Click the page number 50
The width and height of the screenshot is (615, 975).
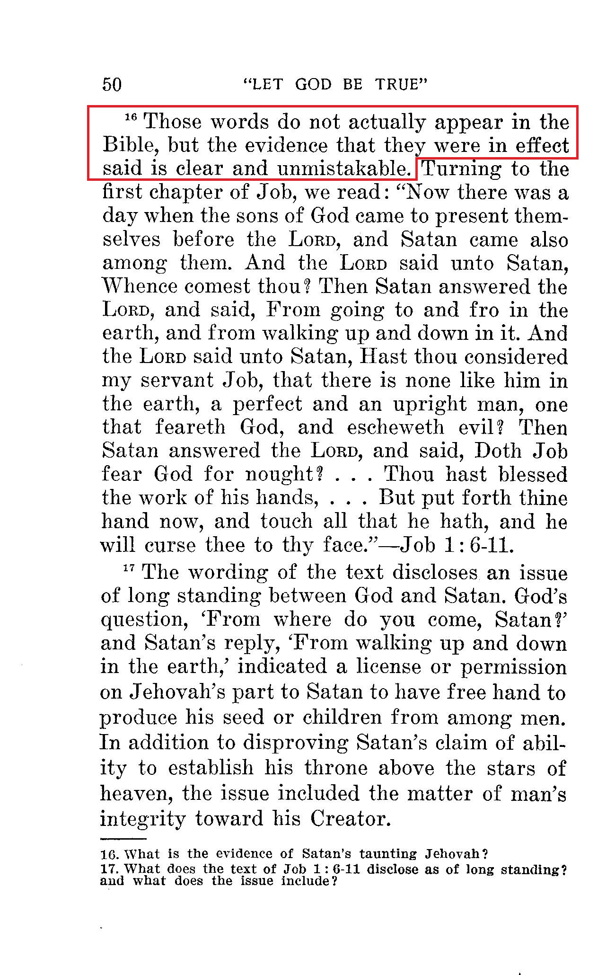[112, 84]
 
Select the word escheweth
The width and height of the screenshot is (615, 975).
[395, 427]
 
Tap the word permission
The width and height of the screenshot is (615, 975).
[514, 667]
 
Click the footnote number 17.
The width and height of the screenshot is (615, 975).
[109, 869]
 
